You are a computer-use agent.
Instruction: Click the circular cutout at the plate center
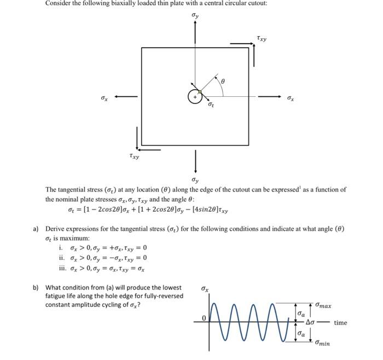pos(195,97)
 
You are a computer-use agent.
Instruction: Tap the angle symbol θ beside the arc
pos(223,81)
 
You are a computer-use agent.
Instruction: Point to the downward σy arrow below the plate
pos(195,161)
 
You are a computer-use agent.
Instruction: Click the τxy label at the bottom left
pos(134,156)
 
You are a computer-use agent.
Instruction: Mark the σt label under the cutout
pos(211,104)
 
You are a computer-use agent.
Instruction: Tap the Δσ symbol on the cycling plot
pos(313,323)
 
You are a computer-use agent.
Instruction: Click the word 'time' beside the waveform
pos(340,323)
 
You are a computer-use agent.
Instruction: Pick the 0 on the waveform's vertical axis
pos(203,318)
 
